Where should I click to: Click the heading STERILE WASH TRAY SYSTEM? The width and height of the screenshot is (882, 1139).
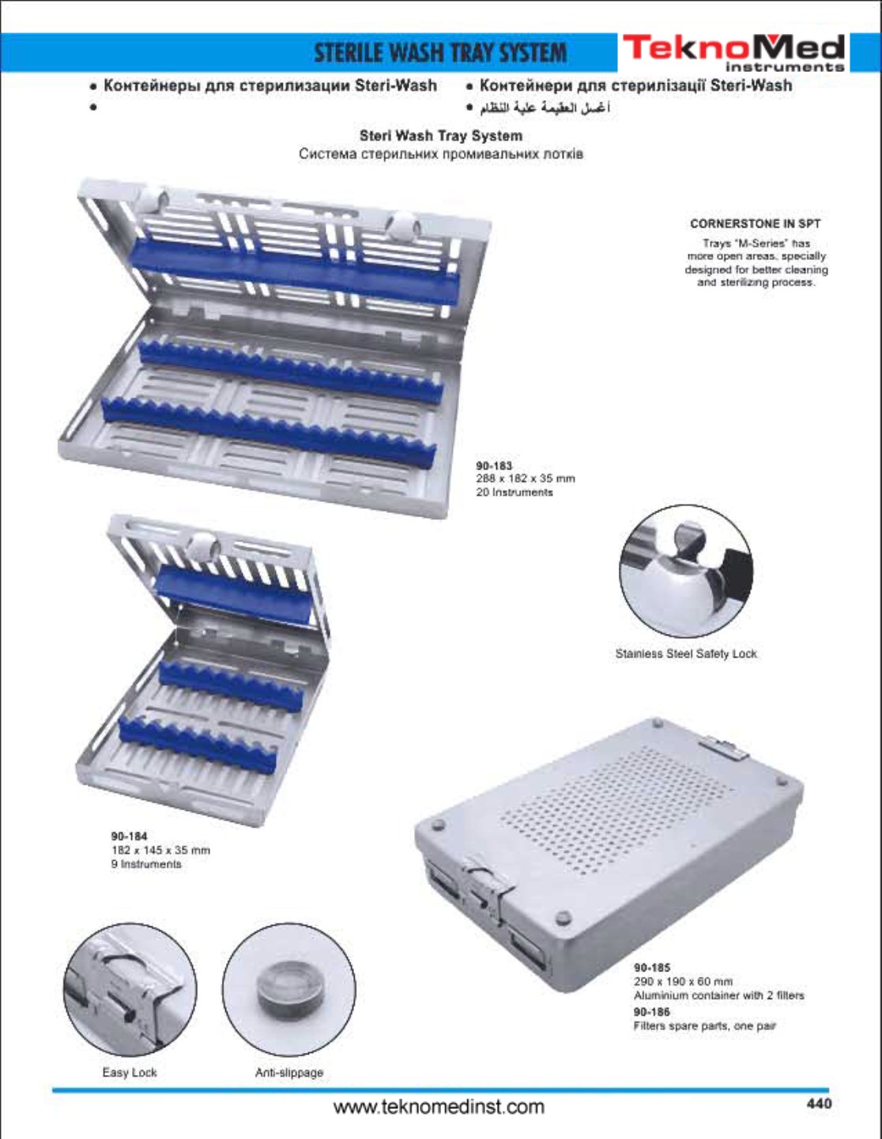tap(441, 54)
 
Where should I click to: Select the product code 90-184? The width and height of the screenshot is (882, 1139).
tap(129, 835)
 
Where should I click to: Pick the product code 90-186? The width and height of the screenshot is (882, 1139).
tap(652, 1012)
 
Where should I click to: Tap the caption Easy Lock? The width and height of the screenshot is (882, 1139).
tap(130, 1073)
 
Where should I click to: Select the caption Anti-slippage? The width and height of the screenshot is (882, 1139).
tap(289, 1073)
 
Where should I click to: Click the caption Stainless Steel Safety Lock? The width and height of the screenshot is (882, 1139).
tap(686, 654)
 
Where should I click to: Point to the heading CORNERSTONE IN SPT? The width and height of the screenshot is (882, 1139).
tap(756, 224)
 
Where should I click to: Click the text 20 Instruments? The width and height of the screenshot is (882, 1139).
tap(514, 492)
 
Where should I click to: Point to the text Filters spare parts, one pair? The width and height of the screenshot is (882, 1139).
tap(704, 1026)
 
